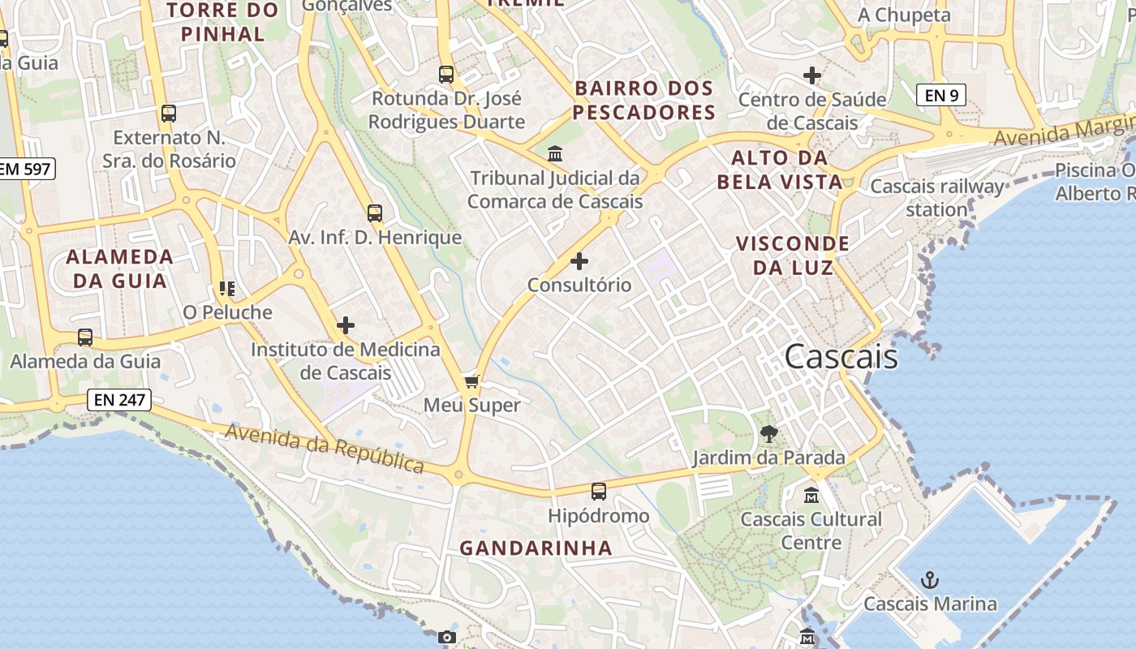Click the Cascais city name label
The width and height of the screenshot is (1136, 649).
point(841,357)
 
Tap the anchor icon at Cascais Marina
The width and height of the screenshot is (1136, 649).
point(931,579)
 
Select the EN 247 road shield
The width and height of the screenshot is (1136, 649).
point(118,399)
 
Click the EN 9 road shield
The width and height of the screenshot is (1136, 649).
point(941,95)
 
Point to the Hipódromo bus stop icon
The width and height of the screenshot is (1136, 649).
point(599,491)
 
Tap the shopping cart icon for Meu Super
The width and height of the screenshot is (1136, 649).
point(471,380)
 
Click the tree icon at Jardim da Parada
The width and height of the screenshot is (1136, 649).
point(768,434)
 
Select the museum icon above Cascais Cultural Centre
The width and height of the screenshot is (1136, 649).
point(811,494)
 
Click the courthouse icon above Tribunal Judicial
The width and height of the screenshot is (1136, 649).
point(555,153)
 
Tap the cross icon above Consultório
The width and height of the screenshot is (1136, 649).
point(579,261)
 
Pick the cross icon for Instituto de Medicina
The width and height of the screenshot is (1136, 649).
point(346,325)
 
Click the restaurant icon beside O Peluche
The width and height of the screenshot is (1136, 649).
point(226,288)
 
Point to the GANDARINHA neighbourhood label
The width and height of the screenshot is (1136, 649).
point(536,548)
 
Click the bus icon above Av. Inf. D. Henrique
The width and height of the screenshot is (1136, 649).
point(374,213)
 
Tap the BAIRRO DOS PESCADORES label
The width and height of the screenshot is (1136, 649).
point(644,100)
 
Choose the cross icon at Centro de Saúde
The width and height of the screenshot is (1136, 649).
point(811,75)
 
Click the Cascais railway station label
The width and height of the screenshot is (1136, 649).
point(937,198)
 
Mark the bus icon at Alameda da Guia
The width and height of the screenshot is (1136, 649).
point(85,337)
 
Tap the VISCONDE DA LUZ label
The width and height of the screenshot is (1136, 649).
point(792,255)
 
